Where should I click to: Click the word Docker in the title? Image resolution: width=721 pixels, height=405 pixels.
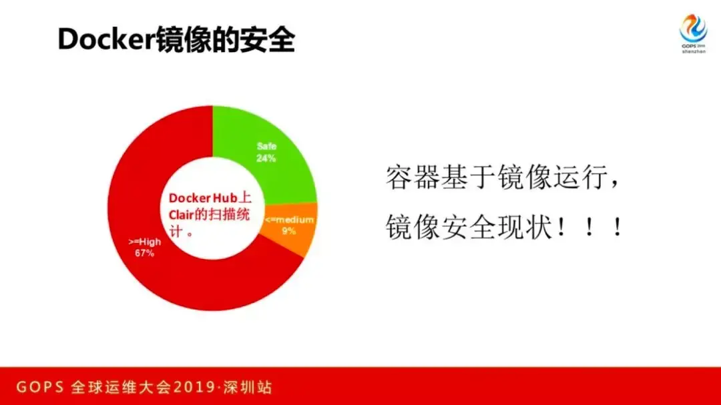[107, 39]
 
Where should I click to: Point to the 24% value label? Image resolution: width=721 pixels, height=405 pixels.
[266, 159]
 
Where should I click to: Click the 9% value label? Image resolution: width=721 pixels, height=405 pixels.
[289, 232]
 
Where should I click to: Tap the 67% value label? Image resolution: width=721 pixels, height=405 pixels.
[144, 254]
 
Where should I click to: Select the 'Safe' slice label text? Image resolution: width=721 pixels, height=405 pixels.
[266, 147]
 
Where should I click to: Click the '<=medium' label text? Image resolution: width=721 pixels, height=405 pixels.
[290, 220]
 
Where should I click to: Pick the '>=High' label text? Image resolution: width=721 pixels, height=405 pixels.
[144, 242]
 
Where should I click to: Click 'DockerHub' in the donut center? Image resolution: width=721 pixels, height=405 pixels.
[203, 198]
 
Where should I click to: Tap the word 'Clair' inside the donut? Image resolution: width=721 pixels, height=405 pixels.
[181, 215]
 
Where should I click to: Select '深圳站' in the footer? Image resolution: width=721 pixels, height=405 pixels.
[248, 387]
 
